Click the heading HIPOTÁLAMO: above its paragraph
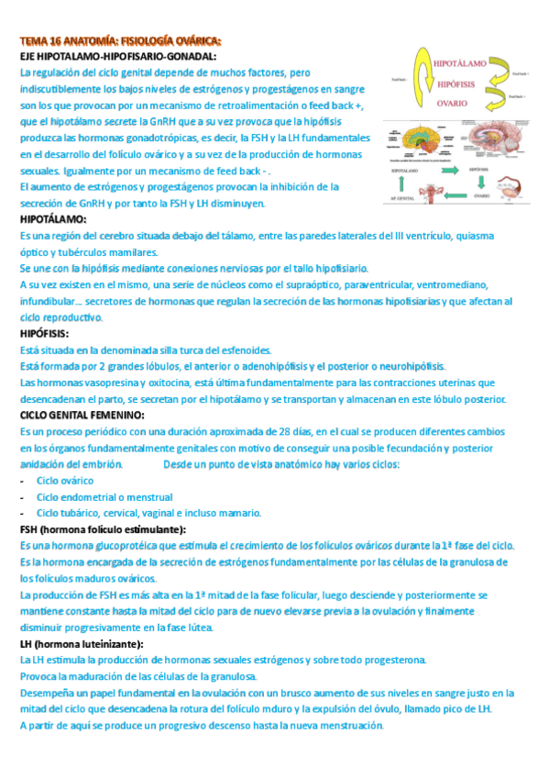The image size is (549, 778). [53, 220]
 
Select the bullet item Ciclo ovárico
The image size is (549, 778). [67, 480]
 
